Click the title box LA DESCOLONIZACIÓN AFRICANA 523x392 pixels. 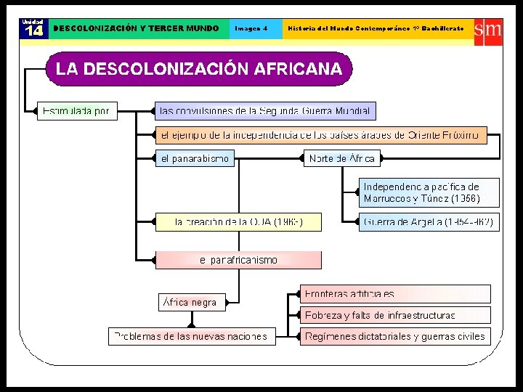point(199,69)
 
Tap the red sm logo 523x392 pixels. point(487,30)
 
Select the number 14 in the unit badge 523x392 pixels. point(33,30)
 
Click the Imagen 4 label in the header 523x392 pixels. point(251,28)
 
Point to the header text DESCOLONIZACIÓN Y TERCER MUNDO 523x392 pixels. point(137,28)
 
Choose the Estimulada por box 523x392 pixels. point(76,111)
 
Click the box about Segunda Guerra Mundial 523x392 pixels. point(265,111)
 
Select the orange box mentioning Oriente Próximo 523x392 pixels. point(320,135)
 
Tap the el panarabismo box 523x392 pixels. point(195,158)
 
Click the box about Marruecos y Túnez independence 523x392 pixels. point(429,192)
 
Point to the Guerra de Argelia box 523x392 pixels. point(429,222)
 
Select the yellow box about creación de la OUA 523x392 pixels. point(238,222)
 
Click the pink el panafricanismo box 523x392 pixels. point(238,260)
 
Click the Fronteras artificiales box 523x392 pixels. point(396,294)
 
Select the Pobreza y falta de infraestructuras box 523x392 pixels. point(396,315)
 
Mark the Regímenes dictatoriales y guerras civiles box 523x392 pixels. point(396,336)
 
